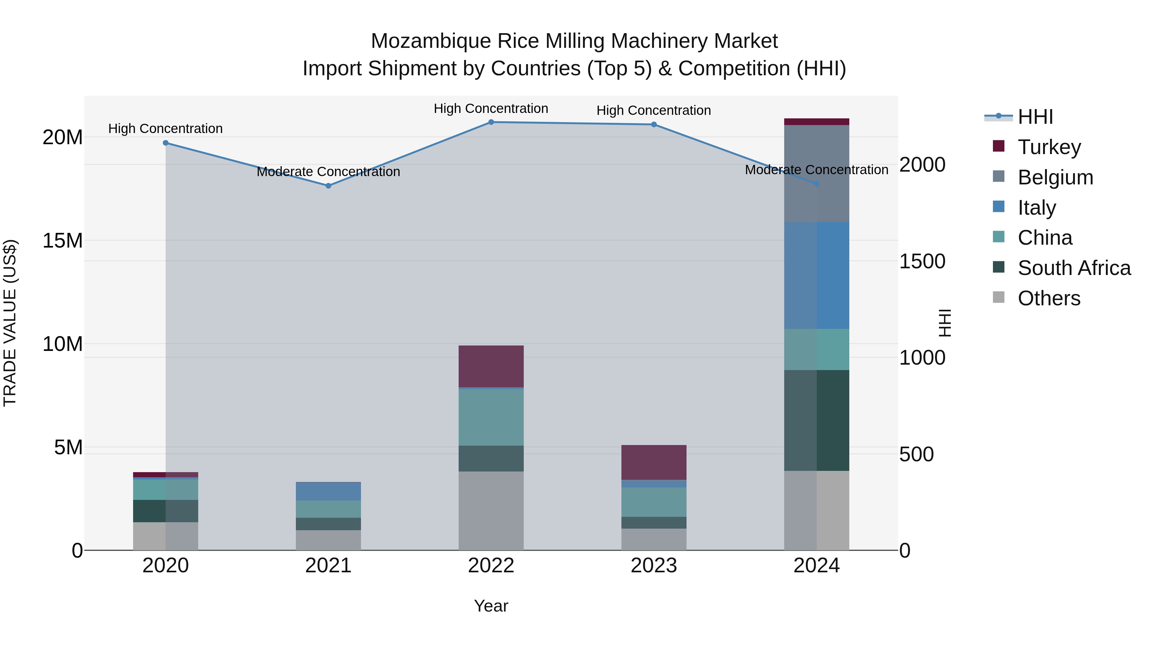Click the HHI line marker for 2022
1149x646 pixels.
491,122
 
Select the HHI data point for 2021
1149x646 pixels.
328,186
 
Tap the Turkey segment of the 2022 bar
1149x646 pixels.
491,367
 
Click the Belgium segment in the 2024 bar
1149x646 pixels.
817,174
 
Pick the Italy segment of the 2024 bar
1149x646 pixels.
817,276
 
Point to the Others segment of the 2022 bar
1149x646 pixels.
491,511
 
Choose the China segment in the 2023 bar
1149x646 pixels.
654,502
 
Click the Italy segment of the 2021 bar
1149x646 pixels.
328,491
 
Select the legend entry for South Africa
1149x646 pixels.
1074,268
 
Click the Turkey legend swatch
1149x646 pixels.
999,146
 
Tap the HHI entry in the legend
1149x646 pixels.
1035,117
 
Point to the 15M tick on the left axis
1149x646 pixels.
63,241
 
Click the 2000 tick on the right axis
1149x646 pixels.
921,165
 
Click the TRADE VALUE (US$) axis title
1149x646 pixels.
10,323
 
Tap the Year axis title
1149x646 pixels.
491,606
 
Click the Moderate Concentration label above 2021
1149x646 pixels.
328,172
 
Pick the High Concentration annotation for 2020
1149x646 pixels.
165,129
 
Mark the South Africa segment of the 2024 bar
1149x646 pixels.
817,420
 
